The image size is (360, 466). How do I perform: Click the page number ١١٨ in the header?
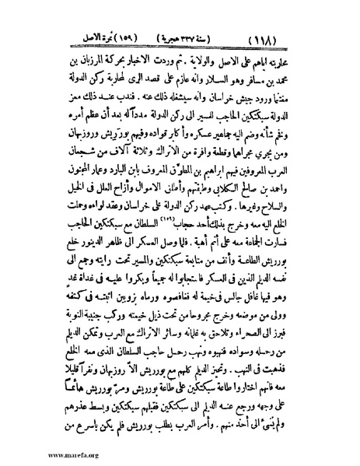(x=308, y=37)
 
